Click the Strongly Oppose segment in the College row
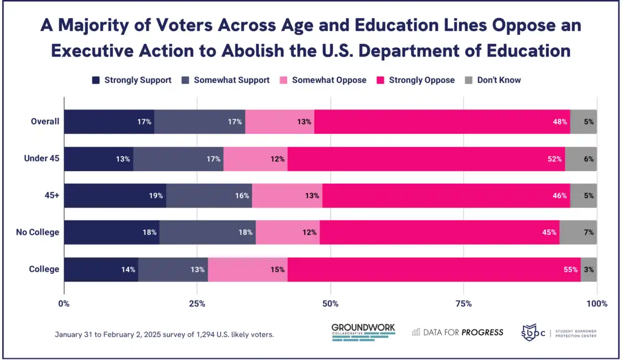click(434, 270)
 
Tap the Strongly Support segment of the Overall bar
click(109, 122)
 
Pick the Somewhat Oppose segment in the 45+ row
click(287, 196)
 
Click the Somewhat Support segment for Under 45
click(178, 159)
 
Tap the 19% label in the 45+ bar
click(156, 196)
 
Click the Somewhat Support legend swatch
click(186, 80)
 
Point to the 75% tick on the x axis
click(463, 303)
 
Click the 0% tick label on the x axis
click(64, 303)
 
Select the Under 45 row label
click(41, 159)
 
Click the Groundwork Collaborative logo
click(363, 332)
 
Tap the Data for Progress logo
click(458, 332)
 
